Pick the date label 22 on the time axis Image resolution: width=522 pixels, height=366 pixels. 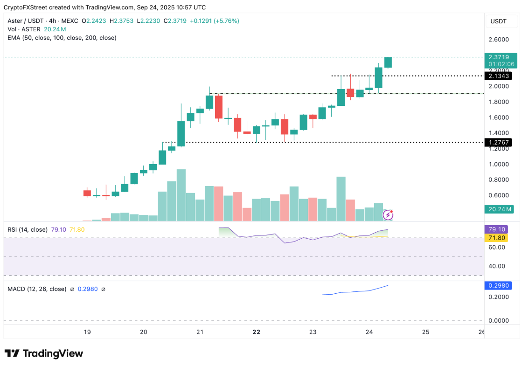click(256, 332)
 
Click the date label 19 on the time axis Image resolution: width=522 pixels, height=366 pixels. click(87, 332)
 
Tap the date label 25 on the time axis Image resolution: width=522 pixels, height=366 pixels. click(425, 332)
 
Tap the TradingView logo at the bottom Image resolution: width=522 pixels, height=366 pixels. click(44, 353)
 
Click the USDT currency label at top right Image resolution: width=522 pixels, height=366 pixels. click(499, 21)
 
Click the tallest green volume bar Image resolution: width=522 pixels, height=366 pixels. click(181, 195)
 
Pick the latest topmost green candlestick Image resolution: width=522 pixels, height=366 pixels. click(388, 62)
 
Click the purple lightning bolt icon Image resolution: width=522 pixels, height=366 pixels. click(388, 215)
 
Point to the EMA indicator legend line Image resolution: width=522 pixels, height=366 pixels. click(62, 38)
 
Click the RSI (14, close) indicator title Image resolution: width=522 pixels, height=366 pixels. click(28, 229)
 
